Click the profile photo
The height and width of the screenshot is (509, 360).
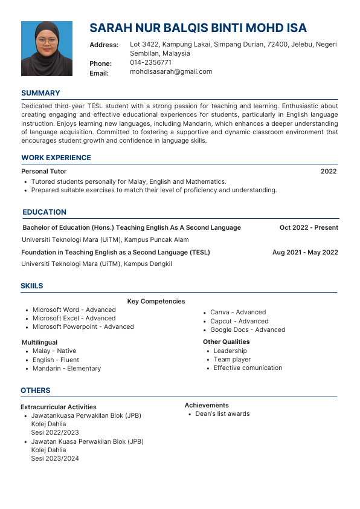click(x=47, y=48)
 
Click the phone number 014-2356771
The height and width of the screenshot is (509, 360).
click(x=150, y=62)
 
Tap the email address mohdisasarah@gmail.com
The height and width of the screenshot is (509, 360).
click(x=171, y=71)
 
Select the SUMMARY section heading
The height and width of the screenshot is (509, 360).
click(x=40, y=93)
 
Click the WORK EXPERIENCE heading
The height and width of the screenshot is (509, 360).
click(x=56, y=158)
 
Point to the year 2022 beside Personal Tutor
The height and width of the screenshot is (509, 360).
click(x=329, y=172)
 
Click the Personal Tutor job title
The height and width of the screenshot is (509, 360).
click(x=43, y=172)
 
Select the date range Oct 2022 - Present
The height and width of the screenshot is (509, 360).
click(x=309, y=228)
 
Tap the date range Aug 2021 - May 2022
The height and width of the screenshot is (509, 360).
click(x=305, y=252)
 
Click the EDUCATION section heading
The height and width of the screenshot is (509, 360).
click(x=45, y=212)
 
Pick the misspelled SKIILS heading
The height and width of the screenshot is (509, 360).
click(x=32, y=286)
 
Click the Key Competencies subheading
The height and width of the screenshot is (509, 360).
click(x=156, y=301)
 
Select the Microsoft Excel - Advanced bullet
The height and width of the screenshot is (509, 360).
click(x=74, y=318)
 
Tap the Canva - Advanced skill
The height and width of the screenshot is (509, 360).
click(x=238, y=313)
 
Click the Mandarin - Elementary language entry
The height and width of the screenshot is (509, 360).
click(x=66, y=368)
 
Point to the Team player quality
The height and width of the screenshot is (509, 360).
click(x=232, y=359)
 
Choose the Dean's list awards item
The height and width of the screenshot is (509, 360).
click(x=222, y=414)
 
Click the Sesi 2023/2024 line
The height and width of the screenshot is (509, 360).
click(x=55, y=459)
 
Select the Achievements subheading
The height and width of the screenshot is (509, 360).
click(x=207, y=405)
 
